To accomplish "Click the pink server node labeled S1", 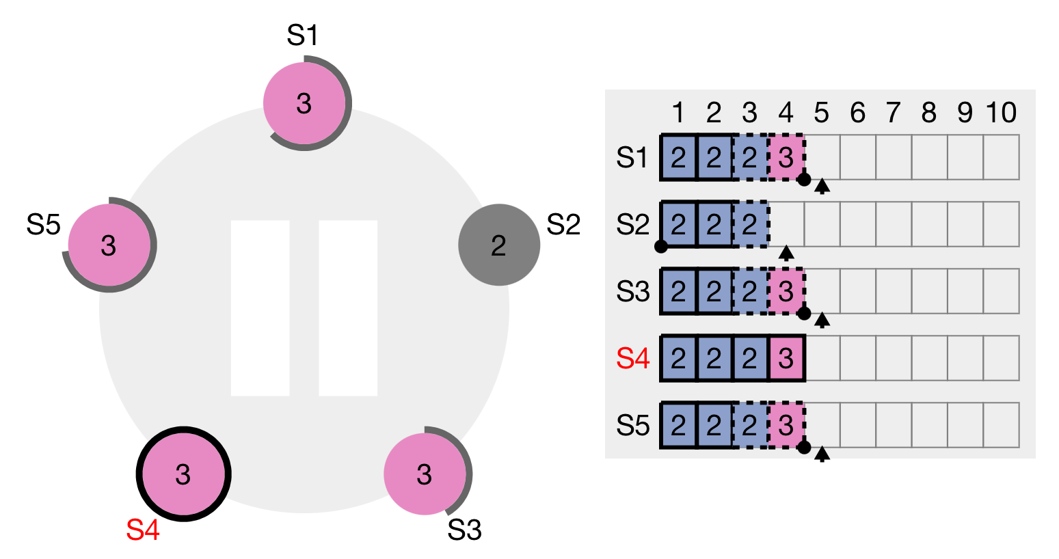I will coord(304,103).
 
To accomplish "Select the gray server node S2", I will coord(498,245).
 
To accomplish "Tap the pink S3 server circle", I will coord(425,474).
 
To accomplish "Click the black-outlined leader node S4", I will coord(183,474).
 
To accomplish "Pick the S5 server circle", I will coord(109,245).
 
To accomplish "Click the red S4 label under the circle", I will coord(143,530).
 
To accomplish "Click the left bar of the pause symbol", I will coord(260,308).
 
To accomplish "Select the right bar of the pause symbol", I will coord(348,308).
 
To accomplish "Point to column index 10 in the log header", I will coord(1001,113).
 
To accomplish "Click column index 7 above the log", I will coord(893,113).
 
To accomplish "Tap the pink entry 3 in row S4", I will coord(786,358).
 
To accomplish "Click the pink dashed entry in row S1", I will coord(786,158).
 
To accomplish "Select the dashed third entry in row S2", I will coord(750,224).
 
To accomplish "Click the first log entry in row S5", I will coord(678,425).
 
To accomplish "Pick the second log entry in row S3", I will coord(714,291).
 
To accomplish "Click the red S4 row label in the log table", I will coord(632,358).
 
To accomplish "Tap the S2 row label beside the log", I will coord(632,224).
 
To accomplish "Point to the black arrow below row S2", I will coord(786,253).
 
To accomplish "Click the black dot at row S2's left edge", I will coord(660,247).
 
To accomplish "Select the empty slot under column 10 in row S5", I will coord(1001,425).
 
